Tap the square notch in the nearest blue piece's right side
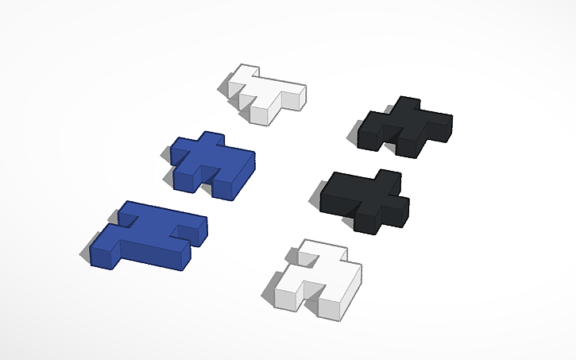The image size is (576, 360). click(188, 233)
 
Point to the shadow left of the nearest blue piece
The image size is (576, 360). click(88, 253)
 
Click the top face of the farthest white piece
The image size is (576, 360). click(270, 89)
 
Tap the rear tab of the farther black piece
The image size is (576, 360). click(408, 103)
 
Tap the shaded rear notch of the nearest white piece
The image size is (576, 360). click(311, 258)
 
